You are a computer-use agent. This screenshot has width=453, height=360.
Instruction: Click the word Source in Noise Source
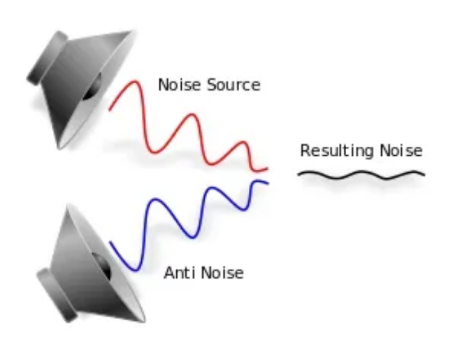click(234, 85)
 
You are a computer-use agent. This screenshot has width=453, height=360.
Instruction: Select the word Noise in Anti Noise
click(222, 273)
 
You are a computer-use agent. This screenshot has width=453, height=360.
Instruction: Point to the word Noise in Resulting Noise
click(401, 150)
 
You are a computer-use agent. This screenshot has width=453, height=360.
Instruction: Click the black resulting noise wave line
click(361, 175)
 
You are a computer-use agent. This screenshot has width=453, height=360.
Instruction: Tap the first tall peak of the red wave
click(135, 82)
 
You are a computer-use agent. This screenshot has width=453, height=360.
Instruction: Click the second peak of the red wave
click(192, 115)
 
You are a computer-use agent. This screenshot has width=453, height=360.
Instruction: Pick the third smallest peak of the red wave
click(243, 142)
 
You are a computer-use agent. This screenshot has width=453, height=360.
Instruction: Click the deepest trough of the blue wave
click(135, 270)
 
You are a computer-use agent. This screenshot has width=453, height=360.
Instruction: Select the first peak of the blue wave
click(155, 199)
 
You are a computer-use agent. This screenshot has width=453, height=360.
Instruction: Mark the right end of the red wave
click(268, 168)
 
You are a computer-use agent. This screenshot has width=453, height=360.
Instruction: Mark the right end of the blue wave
click(268, 183)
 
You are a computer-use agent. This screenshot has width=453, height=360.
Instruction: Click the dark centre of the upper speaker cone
click(92, 87)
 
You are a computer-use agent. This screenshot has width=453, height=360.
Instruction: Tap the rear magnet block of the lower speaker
click(57, 295)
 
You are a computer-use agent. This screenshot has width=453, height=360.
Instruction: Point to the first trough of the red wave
click(154, 152)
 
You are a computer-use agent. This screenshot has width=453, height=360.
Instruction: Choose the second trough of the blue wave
click(193, 237)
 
